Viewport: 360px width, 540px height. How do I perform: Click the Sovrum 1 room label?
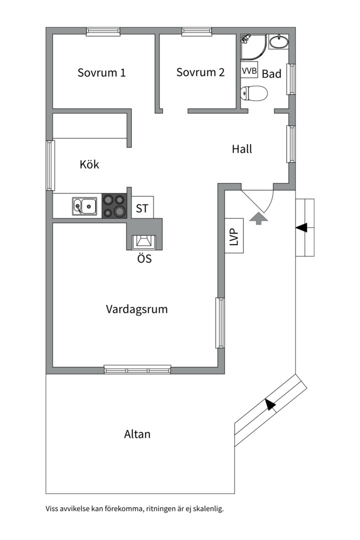[101, 72]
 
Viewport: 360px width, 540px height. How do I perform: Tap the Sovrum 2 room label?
[200, 72]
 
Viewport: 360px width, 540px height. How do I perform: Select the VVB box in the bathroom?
[249, 71]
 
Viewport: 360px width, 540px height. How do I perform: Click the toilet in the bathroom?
[254, 93]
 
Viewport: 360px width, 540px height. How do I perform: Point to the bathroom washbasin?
[278, 42]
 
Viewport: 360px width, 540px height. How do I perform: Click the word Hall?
[242, 148]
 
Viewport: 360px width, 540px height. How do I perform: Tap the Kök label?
[89, 164]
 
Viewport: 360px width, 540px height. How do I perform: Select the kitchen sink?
[84, 205]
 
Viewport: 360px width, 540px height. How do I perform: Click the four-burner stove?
[114, 205]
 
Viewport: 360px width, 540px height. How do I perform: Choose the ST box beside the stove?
[142, 207]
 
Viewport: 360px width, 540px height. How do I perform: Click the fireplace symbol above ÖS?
[143, 242]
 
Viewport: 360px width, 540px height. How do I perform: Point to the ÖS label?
[144, 259]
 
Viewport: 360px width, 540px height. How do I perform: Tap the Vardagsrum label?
[136, 309]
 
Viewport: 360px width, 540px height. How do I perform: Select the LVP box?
[233, 236]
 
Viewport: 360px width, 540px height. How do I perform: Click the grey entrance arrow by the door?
[258, 218]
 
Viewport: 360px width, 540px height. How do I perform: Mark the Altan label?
[137, 434]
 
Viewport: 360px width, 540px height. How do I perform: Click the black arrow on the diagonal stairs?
[270, 404]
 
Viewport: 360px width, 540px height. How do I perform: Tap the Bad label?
[271, 74]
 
